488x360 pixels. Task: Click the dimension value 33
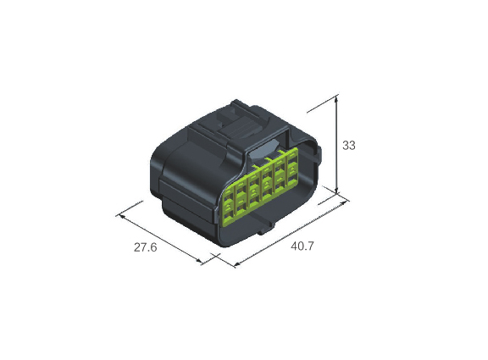point(348,146)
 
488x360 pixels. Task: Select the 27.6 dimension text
point(146,247)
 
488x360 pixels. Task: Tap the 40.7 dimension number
point(302,246)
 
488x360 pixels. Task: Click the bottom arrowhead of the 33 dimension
point(336,191)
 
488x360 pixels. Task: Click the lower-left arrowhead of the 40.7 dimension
point(237,264)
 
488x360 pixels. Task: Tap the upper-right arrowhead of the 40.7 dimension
point(344,202)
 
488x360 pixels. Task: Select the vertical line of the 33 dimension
point(336,144)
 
